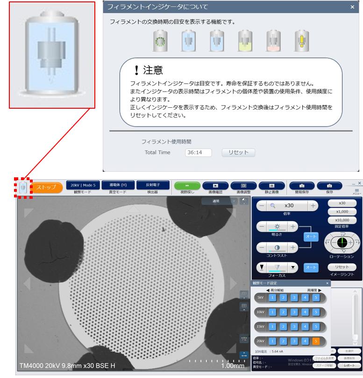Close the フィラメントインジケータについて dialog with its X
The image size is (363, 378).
(352, 7)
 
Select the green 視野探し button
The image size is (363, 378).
(187, 186)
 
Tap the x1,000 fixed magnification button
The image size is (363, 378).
(342, 211)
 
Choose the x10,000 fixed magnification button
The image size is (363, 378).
(342, 220)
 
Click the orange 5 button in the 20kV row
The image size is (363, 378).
(316, 341)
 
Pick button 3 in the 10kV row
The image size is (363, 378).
(294, 312)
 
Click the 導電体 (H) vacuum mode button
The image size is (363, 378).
(118, 185)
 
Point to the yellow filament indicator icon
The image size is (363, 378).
(301, 41)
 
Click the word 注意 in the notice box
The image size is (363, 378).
(153, 70)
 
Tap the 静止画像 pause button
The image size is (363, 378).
(271, 186)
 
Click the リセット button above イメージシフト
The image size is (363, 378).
(342, 267)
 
